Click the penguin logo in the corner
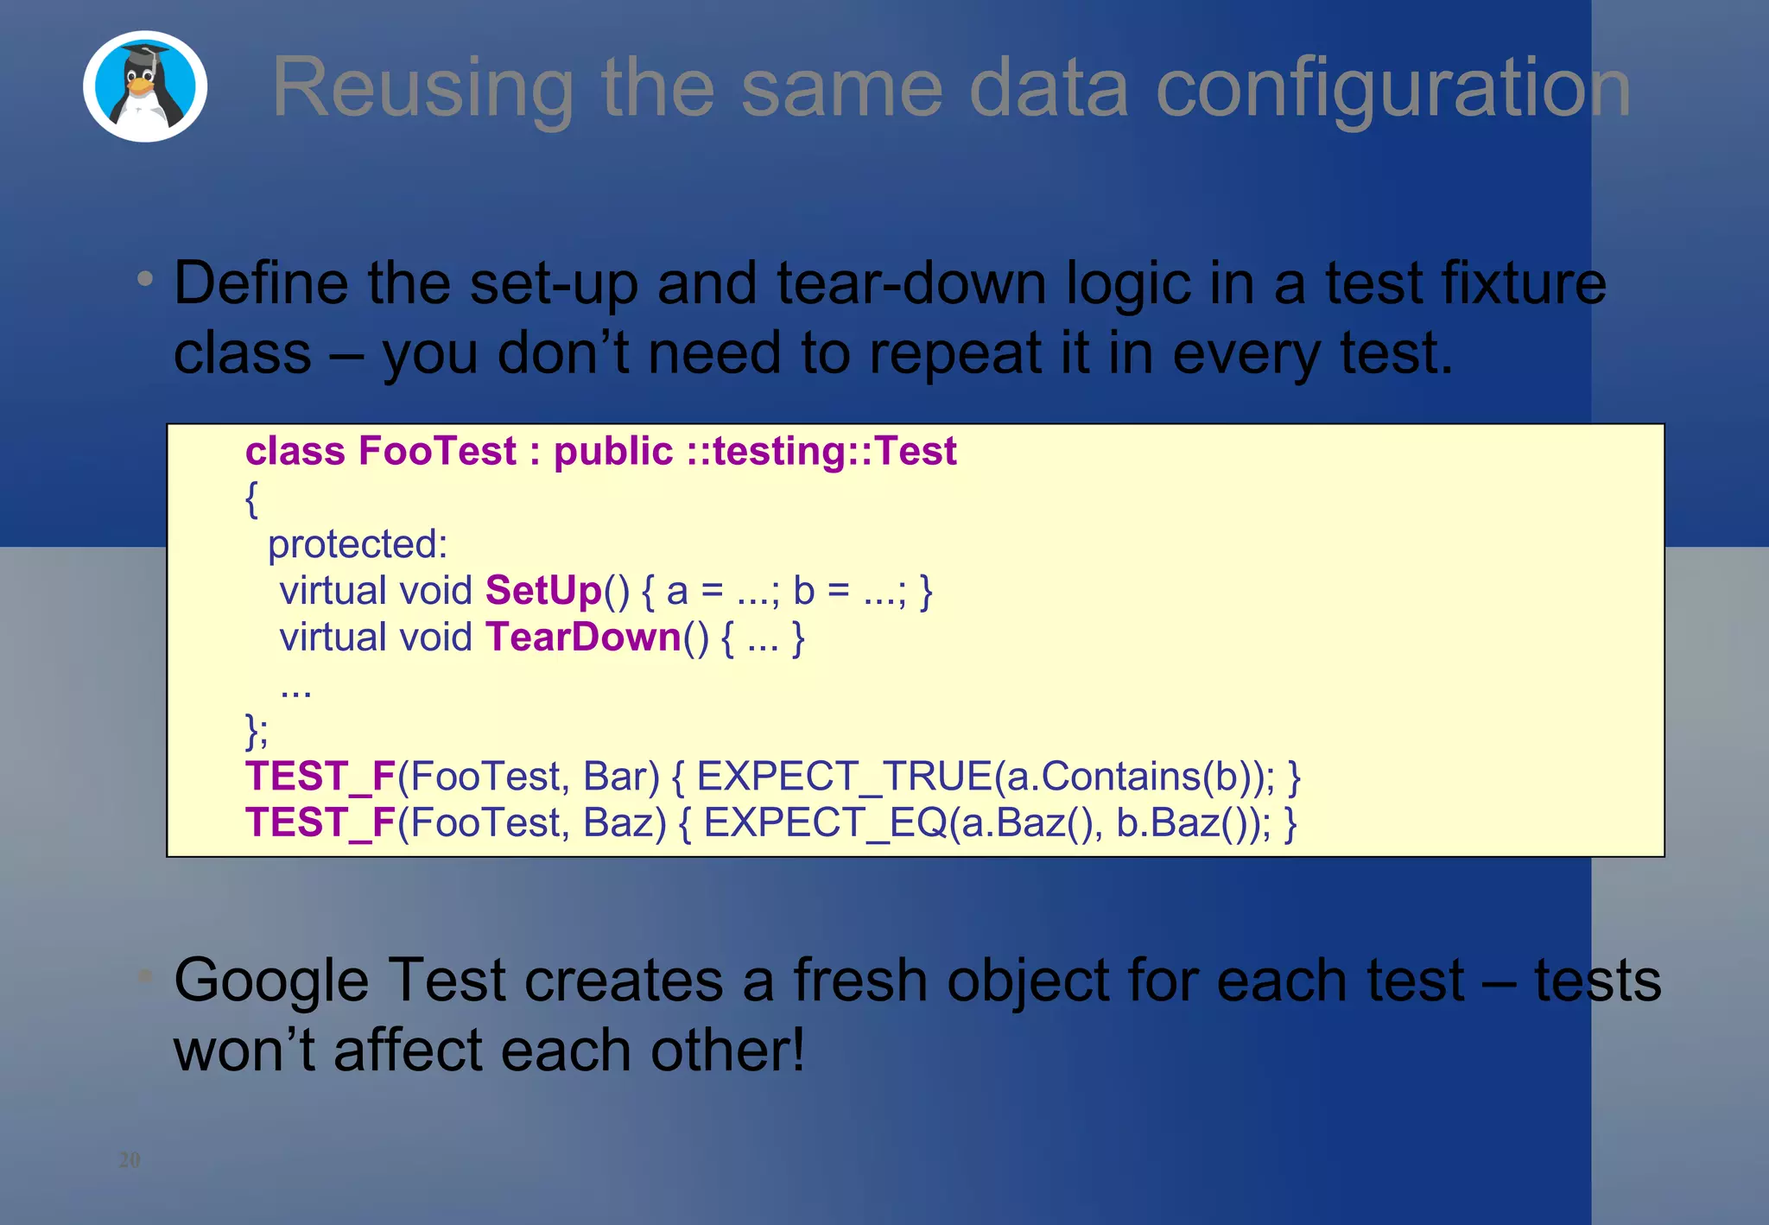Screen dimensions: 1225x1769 click(x=145, y=86)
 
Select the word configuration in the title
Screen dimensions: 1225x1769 click(x=1392, y=88)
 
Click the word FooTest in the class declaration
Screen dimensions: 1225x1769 click(x=437, y=451)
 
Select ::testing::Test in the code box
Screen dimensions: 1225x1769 click(x=821, y=451)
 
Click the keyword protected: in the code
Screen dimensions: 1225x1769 click(x=358, y=544)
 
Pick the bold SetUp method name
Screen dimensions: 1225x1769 click(x=543, y=591)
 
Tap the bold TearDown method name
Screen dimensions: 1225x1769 click(x=584, y=638)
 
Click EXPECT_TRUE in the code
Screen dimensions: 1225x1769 click(x=844, y=776)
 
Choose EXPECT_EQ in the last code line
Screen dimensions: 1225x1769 click(x=825, y=822)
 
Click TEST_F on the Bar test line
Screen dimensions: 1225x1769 click(x=320, y=776)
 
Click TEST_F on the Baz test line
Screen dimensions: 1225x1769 click(x=320, y=822)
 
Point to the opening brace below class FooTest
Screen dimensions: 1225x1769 click(x=251, y=499)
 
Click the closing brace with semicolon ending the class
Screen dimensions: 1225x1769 click(x=257, y=731)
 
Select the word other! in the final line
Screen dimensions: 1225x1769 click(x=727, y=1050)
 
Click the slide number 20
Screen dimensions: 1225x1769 click(x=130, y=1159)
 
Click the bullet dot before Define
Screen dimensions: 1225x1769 click(x=145, y=278)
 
